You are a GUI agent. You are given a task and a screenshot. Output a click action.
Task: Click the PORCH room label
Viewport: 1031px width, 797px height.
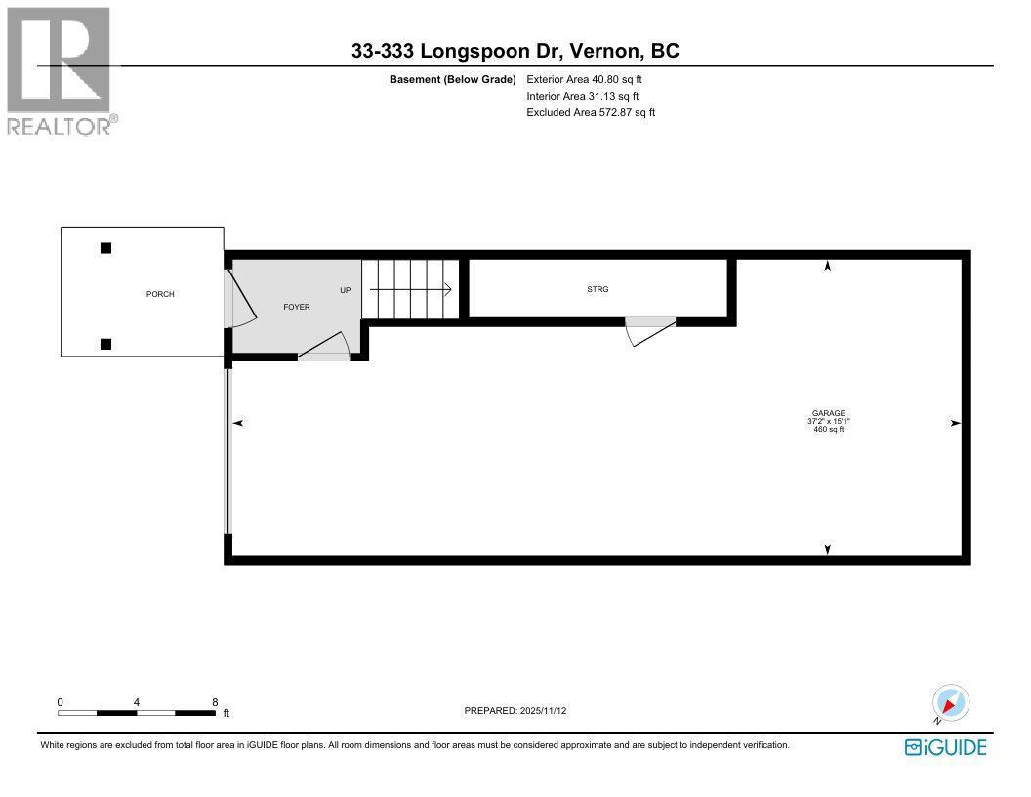[x=160, y=294]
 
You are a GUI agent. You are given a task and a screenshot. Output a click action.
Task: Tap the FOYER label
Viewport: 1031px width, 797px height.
[x=297, y=307]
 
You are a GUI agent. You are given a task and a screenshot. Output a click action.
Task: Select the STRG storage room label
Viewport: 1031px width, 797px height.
[x=598, y=289]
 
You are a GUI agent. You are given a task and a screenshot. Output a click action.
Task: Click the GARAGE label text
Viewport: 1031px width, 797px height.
[x=828, y=413]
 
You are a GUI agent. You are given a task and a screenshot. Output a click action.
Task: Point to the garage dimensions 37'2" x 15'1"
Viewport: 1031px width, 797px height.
[x=828, y=421]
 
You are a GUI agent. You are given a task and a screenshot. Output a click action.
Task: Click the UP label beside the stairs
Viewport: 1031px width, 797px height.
[x=345, y=290]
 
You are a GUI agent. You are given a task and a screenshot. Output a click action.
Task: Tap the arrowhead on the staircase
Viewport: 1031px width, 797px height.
[x=446, y=289]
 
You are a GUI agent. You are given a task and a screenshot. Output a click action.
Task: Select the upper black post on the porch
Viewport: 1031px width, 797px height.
[x=105, y=248]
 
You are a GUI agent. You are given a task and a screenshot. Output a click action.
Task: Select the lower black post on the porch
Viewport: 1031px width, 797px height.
[x=105, y=343]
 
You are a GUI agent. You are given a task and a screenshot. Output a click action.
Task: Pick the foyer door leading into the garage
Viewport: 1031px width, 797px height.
[x=326, y=347]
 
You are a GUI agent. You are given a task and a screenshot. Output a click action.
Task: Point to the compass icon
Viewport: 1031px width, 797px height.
[x=950, y=703]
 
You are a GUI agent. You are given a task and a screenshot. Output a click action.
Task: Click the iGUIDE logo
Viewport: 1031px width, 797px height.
[x=946, y=747]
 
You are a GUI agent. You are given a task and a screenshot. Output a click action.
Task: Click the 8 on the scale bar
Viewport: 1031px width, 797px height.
[x=214, y=702]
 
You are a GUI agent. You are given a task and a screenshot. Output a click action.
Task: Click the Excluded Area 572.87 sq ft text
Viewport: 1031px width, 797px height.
[x=591, y=112]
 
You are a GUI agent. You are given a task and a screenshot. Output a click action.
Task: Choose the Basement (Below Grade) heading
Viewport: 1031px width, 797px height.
[x=452, y=79]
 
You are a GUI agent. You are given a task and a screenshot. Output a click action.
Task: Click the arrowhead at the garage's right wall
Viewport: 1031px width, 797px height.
[x=955, y=423]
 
